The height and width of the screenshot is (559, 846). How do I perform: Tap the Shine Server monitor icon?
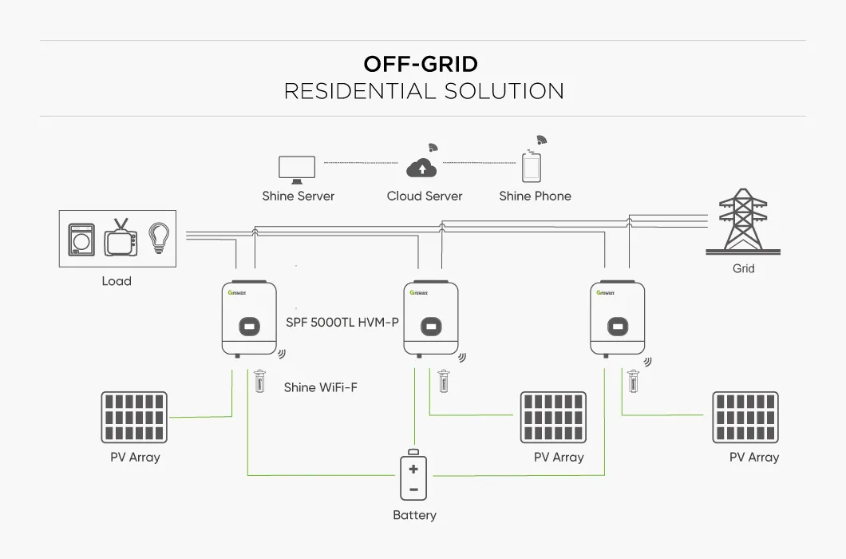[x=297, y=168]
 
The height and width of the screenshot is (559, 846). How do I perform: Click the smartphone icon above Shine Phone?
[x=532, y=168]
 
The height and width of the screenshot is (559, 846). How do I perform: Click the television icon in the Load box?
[x=121, y=239]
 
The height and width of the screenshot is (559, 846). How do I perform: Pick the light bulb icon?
[x=160, y=238]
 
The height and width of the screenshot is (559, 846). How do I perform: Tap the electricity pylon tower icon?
[x=742, y=221]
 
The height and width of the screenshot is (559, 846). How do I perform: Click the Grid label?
[x=743, y=268]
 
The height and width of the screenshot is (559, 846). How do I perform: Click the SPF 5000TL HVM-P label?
[x=342, y=323]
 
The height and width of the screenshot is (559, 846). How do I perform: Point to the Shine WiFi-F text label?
[x=321, y=387]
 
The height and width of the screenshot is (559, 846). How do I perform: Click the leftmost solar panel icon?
[x=134, y=417]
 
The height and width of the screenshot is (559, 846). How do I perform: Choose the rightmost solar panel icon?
[x=745, y=417]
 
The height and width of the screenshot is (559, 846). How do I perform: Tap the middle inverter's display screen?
[x=432, y=326]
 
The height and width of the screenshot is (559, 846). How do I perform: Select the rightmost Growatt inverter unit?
[x=617, y=319]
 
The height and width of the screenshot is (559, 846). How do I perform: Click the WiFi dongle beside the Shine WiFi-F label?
[x=259, y=381]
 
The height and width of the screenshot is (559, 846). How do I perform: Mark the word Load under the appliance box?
[x=117, y=281]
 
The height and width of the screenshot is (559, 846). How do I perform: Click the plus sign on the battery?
[x=413, y=469]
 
